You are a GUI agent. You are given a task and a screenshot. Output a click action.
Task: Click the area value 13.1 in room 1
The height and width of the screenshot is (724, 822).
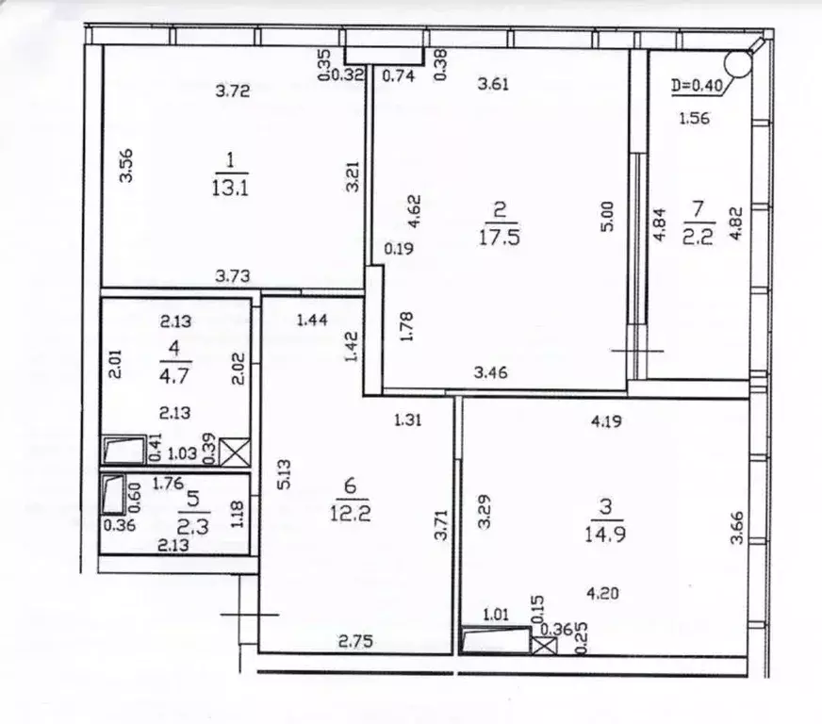click(x=230, y=187)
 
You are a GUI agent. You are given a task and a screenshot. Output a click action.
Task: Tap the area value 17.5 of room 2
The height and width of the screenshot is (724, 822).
click(x=499, y=237)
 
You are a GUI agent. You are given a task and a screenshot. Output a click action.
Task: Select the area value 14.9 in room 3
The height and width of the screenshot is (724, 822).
click(x=604, y=535)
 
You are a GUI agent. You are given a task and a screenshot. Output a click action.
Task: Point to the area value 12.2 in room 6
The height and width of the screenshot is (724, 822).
click(x=350, y=513)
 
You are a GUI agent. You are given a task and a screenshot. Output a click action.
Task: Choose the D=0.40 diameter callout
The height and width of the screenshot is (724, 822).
click(x=698, y=85)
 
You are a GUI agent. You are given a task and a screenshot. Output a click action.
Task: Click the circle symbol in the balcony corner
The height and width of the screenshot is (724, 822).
click(x=737, y=62)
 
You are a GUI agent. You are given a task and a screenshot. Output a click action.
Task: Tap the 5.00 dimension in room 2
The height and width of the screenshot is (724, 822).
click(x=606, y=217)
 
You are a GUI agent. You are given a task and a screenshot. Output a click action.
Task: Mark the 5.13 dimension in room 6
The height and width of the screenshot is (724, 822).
click(x=284, y=474)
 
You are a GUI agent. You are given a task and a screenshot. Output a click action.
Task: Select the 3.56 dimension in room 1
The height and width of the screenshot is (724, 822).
click(x=126, y=166)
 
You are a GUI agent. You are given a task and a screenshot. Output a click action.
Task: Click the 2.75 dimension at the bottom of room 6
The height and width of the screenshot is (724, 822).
click(x=355, y=641)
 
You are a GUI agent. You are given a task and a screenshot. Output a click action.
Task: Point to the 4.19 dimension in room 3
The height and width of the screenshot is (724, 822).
click(x=606, y=420)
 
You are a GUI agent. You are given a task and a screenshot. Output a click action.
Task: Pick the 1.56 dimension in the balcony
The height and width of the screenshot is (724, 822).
click(x=694, y=119)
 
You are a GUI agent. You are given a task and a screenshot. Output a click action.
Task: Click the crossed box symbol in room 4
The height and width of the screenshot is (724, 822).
click(x=235, y=452)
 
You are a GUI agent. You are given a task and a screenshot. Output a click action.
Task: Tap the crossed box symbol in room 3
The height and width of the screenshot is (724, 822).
click(x=544, y=645)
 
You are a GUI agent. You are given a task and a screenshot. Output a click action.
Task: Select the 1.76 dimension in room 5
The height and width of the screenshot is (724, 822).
click(x=168, y=483)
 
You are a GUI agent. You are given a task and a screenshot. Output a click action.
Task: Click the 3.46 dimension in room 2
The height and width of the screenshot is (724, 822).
click(x=491, y=372)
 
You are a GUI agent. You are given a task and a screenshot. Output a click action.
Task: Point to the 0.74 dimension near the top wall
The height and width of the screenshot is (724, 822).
click(x=398, y=76)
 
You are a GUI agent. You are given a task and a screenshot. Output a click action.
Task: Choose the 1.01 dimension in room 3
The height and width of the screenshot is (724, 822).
click(x=496, y=614)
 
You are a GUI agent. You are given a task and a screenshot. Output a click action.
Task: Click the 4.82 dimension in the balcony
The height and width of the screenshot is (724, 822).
click(x=736, y=223)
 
